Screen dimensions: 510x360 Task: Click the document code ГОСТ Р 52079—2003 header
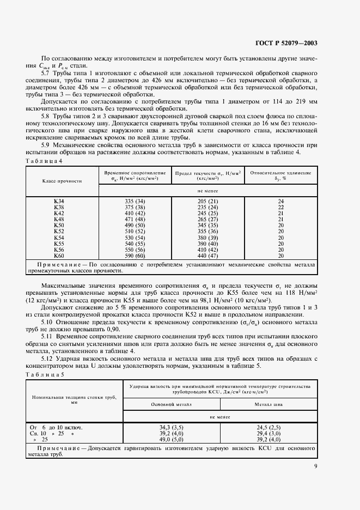(x=286, y=43)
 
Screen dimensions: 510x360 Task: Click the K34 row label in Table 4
(x=59, y=201)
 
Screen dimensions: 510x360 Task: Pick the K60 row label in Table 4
(x=59, y=256)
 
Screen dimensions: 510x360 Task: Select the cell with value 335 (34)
(x=135, y=201)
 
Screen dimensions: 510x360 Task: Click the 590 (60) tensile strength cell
(x=135, y=256)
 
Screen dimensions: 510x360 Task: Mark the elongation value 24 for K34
(x=280, y=201)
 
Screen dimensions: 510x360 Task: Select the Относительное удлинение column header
(x=280, y=175)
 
